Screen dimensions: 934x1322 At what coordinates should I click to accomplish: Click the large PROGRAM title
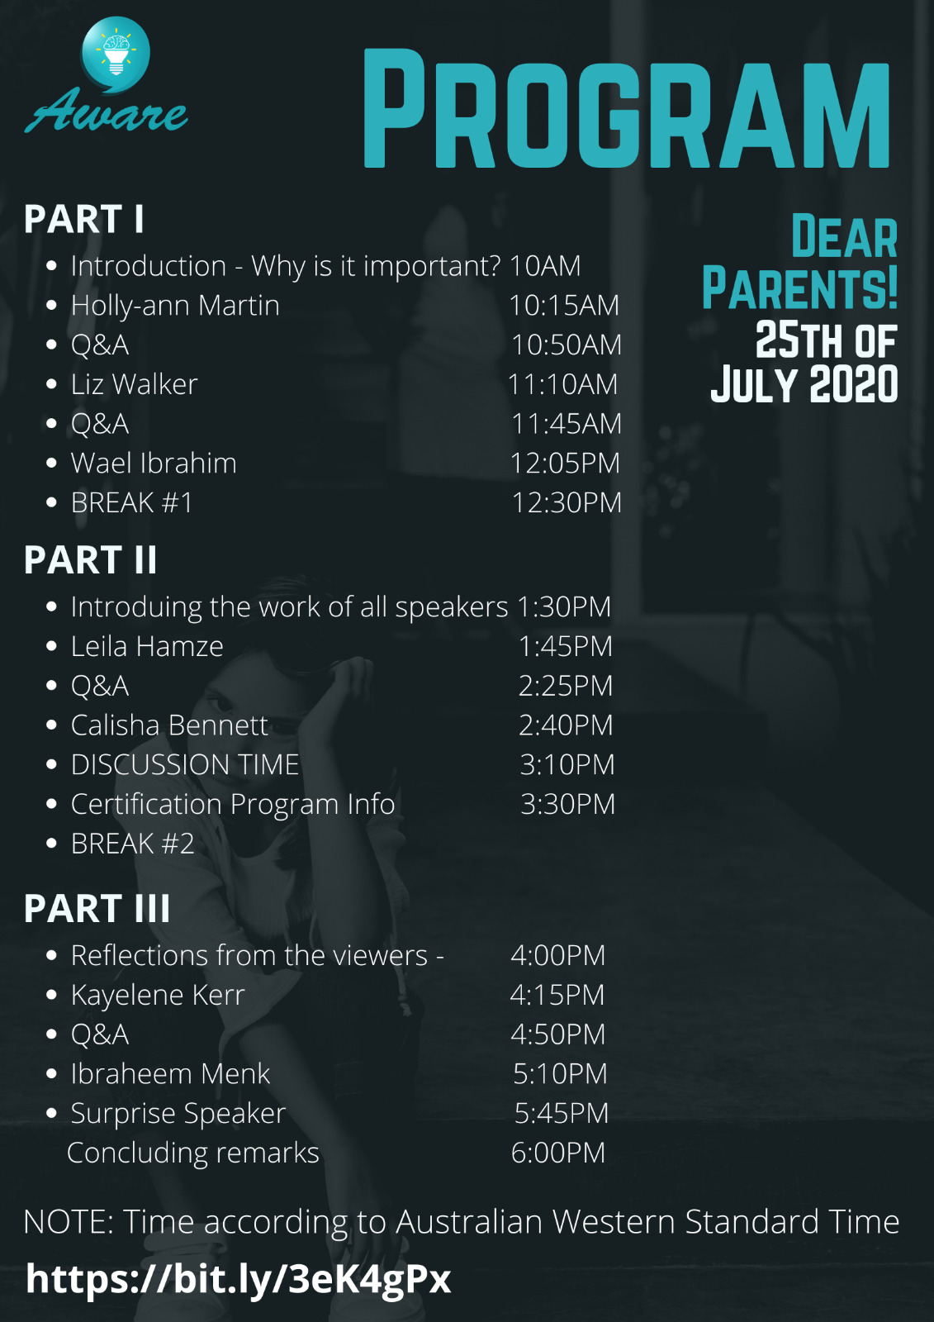[626, 108]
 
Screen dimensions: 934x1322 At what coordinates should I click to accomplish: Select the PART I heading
[83, 219]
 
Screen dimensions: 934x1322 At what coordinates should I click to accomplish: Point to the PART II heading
[90, 559]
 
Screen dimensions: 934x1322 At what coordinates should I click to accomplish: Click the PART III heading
[97, 908]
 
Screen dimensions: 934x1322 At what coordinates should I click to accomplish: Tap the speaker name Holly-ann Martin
[175, 306]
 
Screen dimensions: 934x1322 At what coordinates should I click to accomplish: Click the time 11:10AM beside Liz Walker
[563, 384]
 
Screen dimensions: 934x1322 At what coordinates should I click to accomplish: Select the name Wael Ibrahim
[154, 463]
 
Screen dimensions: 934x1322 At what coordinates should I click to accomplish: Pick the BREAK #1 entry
[132, 503]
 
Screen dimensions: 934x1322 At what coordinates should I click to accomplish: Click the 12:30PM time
[567, 503]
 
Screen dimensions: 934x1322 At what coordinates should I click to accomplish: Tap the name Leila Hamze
[148, 646]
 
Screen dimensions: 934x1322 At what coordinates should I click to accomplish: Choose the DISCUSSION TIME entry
[185, 764]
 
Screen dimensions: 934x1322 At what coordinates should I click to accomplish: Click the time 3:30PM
[567, 804]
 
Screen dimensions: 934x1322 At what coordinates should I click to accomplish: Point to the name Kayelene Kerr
[158, 995]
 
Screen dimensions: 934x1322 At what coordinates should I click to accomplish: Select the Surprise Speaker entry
[178, 1114]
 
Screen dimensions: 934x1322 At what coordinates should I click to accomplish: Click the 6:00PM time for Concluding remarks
[558, 1153]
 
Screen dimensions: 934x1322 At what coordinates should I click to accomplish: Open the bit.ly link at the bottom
[239, 1280]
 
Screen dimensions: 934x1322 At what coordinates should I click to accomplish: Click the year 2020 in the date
[854, 384]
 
